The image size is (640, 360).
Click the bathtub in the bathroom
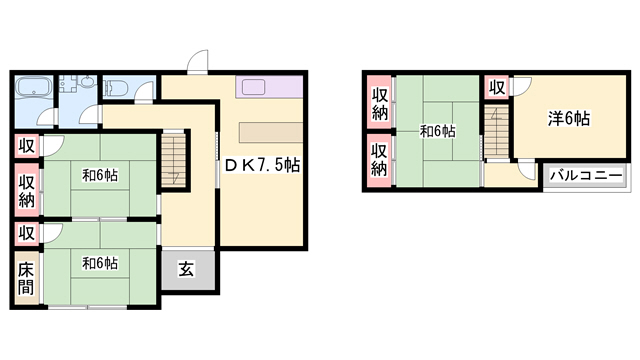[33, 87]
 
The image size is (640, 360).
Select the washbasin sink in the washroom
[87, 83]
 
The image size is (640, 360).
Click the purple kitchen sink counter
[269, 87]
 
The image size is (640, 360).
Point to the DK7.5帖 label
[262, 165]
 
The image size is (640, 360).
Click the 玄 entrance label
[187, 269]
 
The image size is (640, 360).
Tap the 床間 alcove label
[25, 278]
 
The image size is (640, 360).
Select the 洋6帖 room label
[569, 118]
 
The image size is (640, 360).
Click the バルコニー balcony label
[586, 176]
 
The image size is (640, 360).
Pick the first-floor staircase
[174, 161]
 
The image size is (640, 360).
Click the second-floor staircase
[497, 131]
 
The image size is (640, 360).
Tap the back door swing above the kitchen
[198, 61]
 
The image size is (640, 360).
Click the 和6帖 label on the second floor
[438, 131]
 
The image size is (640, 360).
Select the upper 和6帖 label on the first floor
[100, 176]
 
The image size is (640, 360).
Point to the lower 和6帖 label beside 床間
[100, 263]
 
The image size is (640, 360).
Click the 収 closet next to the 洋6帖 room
[497, 87]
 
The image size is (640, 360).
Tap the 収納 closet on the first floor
[27, 190]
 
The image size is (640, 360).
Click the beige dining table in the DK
[271, 132]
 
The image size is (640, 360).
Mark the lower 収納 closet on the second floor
[379, 160]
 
